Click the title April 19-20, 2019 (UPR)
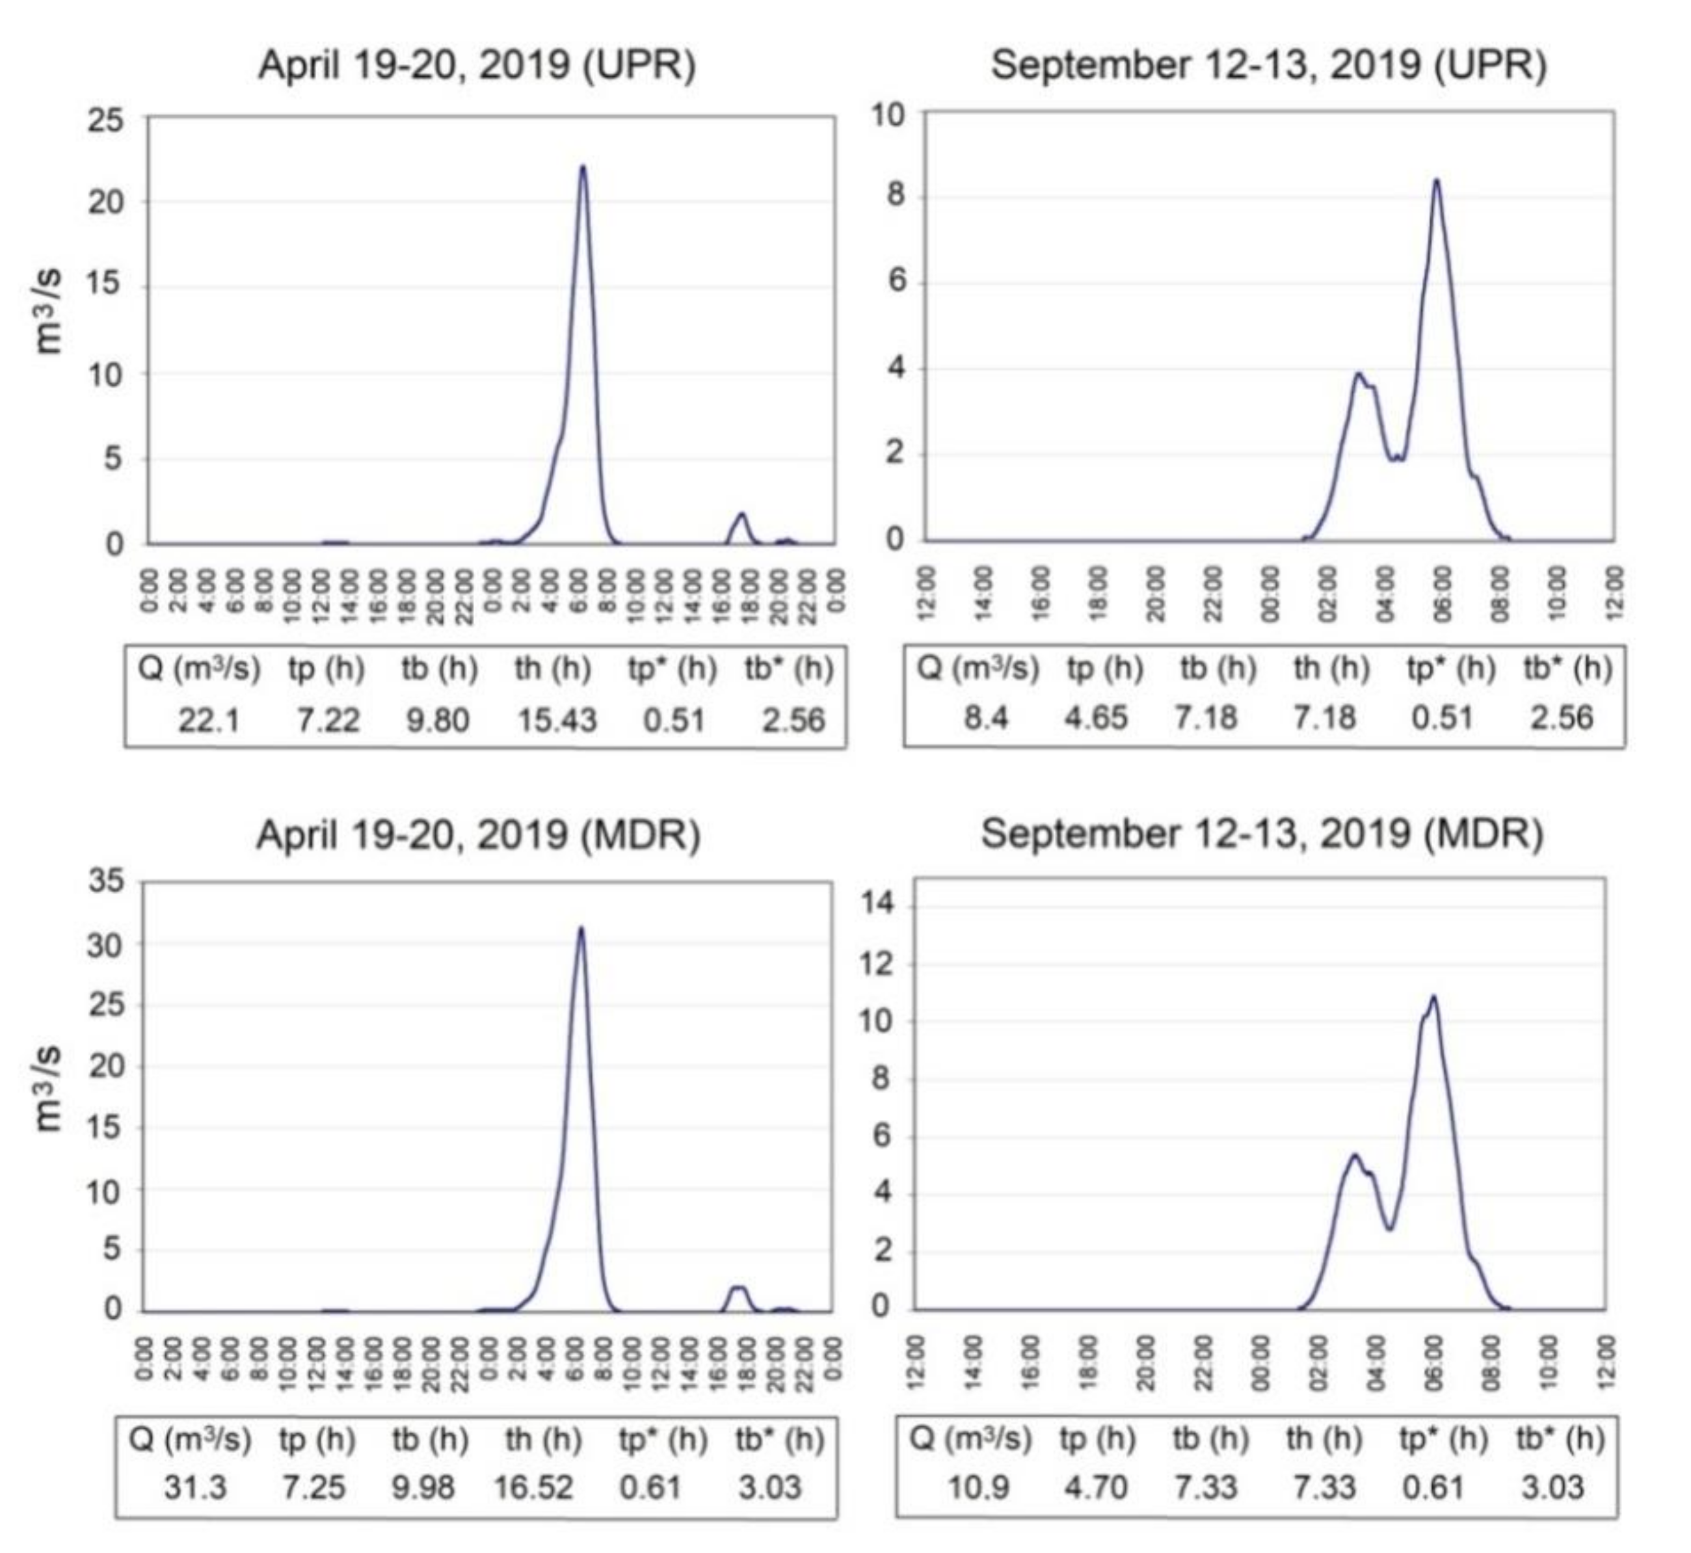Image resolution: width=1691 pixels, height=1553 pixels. coord(477,66)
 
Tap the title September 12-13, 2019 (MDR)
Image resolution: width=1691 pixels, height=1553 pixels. coord(1262,834)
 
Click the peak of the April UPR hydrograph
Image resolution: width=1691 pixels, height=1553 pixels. coord(583,167)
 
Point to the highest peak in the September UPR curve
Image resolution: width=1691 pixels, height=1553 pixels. coord(1436,181)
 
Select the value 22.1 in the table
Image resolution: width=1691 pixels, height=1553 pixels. coord(208,720)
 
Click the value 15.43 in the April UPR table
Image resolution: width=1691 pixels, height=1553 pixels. coord(556,720)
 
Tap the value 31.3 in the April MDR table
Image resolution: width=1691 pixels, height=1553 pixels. coord(195,1488)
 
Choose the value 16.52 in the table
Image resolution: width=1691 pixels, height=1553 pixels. coord(533,1488)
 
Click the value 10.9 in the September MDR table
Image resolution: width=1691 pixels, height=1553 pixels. coord(978,1488)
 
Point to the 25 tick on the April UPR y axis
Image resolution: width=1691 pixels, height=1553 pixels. coord(105,120)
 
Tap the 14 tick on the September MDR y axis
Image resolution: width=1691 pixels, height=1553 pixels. coord(879,905)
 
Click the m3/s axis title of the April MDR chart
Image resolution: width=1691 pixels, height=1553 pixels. coord(49,1089)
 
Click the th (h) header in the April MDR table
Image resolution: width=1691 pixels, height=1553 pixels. coord(543,1440)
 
